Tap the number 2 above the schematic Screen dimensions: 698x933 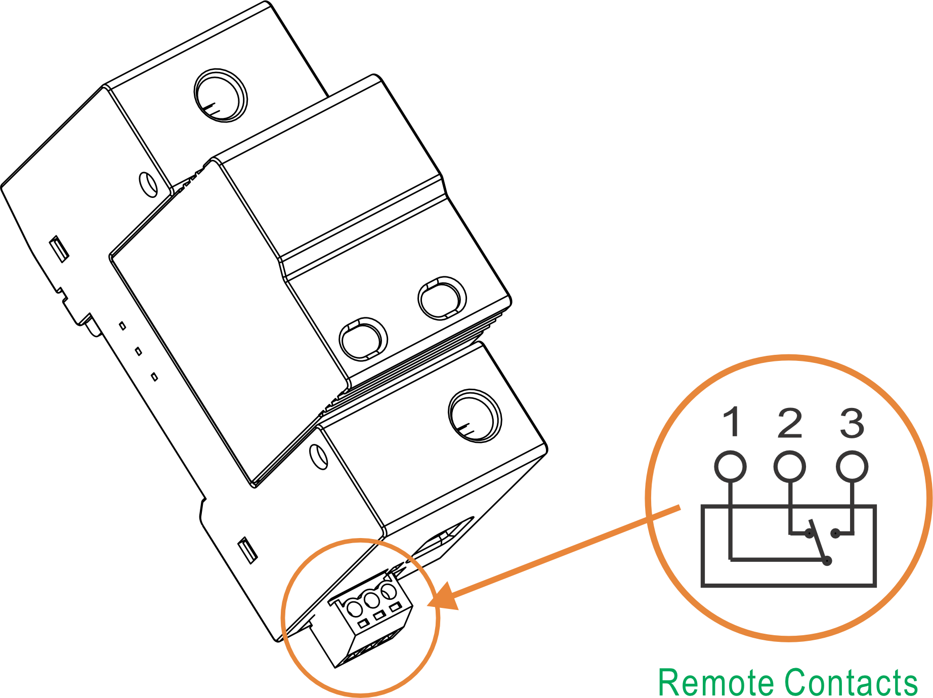click(790, 423)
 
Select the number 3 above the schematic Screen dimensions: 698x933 click(852, 423)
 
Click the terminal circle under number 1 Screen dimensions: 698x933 click(730, 466)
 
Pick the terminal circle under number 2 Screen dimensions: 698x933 click(789, 466)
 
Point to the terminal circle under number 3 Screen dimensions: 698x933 click(852, 466)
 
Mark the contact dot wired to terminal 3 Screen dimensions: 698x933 click(835, 533)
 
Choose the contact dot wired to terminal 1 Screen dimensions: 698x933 click(828, 561)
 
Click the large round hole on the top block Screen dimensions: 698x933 click(221, 95)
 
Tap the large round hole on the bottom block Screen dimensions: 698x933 click(475, 416)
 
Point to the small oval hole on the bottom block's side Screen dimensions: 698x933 click(319, 456)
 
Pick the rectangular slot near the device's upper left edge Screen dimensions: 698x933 click(59, 249)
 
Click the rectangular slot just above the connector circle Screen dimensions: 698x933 click(247, 550)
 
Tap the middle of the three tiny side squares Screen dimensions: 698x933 click(138, 351)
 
